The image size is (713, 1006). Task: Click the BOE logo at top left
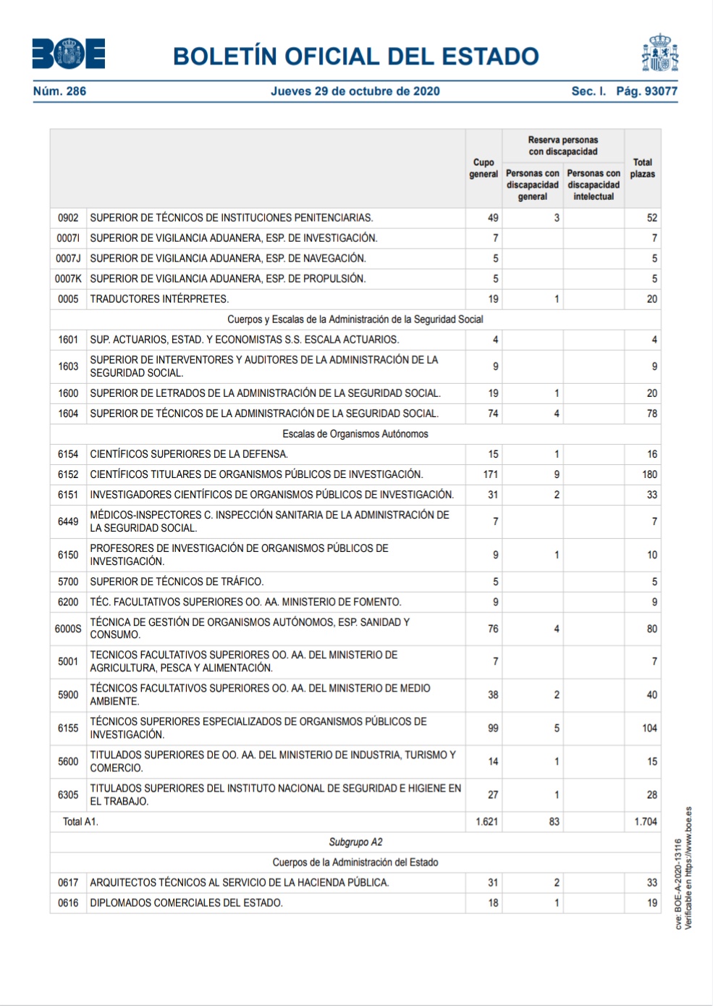pyautogui.click(x=69, y=54)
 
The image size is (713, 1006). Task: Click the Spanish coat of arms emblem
pyautogui.click(x=659, y=53)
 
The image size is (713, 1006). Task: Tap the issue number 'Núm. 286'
pyautogui.click(x=59, y=91)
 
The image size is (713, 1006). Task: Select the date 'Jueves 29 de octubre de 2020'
pyautogui.click(x=355, y=91)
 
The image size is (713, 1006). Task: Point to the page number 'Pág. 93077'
pyautogui.click(x=646, y=91)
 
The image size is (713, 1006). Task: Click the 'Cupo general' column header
pyautogui.click(x=484, y=168)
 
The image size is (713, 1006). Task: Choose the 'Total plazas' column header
pyautogui.click(x=642, y=168)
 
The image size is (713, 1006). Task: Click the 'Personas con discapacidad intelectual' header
pyautogui.click(x=594, y=185)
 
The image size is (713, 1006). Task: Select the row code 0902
pyautogui.click(x=68, y=218)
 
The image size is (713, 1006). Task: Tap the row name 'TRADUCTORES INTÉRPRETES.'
pyautogui.click(x=159, y=299)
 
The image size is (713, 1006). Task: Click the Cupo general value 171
pyautogui.click(x=490, y=474)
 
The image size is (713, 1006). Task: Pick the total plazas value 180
pyautogui.click(x=649, y=474)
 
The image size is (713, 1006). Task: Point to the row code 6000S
pyautogui.click(x=68, y=629)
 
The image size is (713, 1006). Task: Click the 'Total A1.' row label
pyautogui.click(x=80, y=822)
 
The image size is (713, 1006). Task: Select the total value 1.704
pyautogui.click(x=645, y=822)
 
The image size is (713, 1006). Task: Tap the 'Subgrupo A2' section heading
pyautogui.click(x=355, y=842)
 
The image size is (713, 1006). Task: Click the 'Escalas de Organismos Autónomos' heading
pyautogui.click(x=355, y=434)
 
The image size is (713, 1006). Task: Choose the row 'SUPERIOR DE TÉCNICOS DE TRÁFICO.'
pyautogui.click(x=177, y=582)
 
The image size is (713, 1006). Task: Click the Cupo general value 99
pyautogui.click(x=493, y=728)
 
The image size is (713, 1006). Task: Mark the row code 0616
pyautogui.click(x=68, y=903)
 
